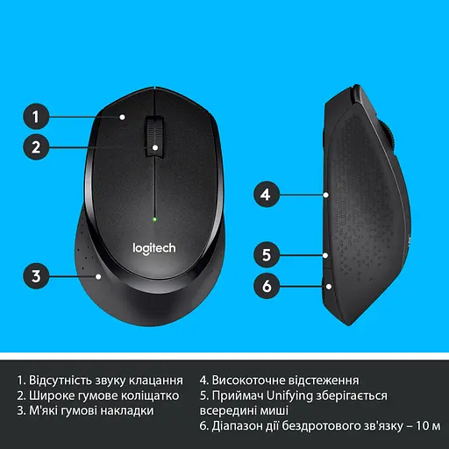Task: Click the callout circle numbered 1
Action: pyautogui.click(x=35, y=115)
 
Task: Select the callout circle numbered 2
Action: pyautogui.click(x=35, y=147)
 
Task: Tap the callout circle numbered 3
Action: pyautogui.click(x=35, y=276)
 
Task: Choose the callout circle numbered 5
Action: pyautogui.click(x=268, y=255)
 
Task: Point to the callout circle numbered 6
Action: pyautogui.click(x=268, y=285)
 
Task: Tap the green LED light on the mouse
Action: pyautogui.click(x=154, y=217)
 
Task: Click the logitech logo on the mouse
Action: pyautogui.click(x=154, y=248)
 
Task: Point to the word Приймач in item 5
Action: pyautogui.click(x=237, y=396)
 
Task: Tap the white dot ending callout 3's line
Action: pyautogui.click(x=99, y=276)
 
